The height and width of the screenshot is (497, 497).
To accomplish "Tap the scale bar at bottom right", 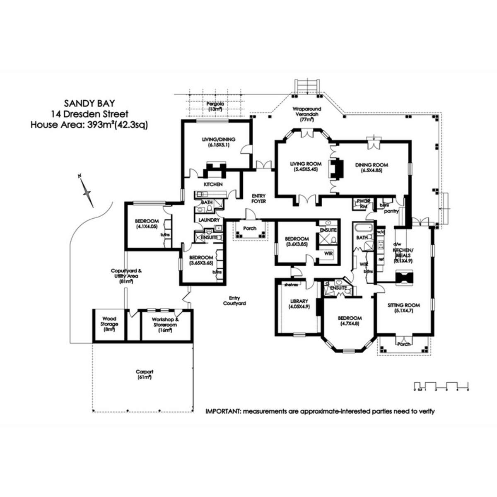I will (x=441, y=385).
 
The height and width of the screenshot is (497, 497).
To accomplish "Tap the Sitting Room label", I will (x=403, y=308).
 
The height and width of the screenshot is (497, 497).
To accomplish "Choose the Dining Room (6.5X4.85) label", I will (x=372, y=167).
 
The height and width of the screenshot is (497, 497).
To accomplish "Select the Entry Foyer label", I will (x=258, y=198).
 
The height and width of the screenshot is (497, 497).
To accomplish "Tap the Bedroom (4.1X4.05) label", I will (x=147, y=223).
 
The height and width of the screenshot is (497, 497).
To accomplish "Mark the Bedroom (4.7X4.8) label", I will (x=349, y=321).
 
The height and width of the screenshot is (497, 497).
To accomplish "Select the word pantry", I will (x=391, y=211).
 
